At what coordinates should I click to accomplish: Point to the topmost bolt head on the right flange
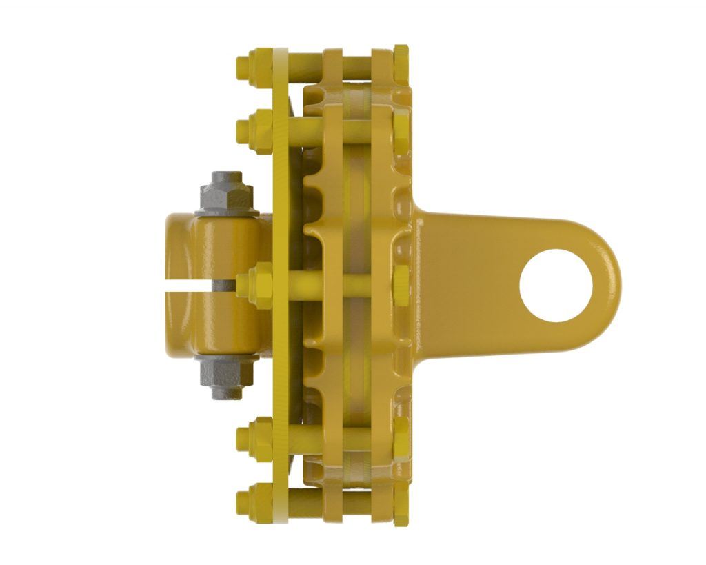pos(401,59)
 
